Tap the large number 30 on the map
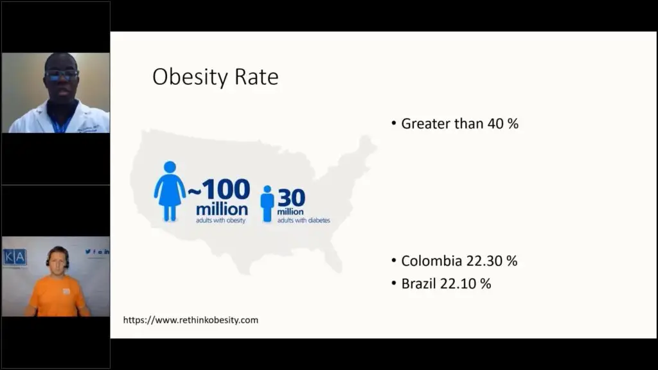[291, 198]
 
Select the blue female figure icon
[170, 191]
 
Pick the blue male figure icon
[267, 204]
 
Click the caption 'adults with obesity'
[221, 220]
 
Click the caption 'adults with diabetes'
[304, 220]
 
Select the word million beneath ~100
[222, 209]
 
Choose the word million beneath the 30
[290, 212]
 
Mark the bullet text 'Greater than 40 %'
[459, 124]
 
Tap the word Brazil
[418, 283]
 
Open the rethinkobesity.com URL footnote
[190, 320]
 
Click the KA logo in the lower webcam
[15, 257]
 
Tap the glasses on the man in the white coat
[62, 75]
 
